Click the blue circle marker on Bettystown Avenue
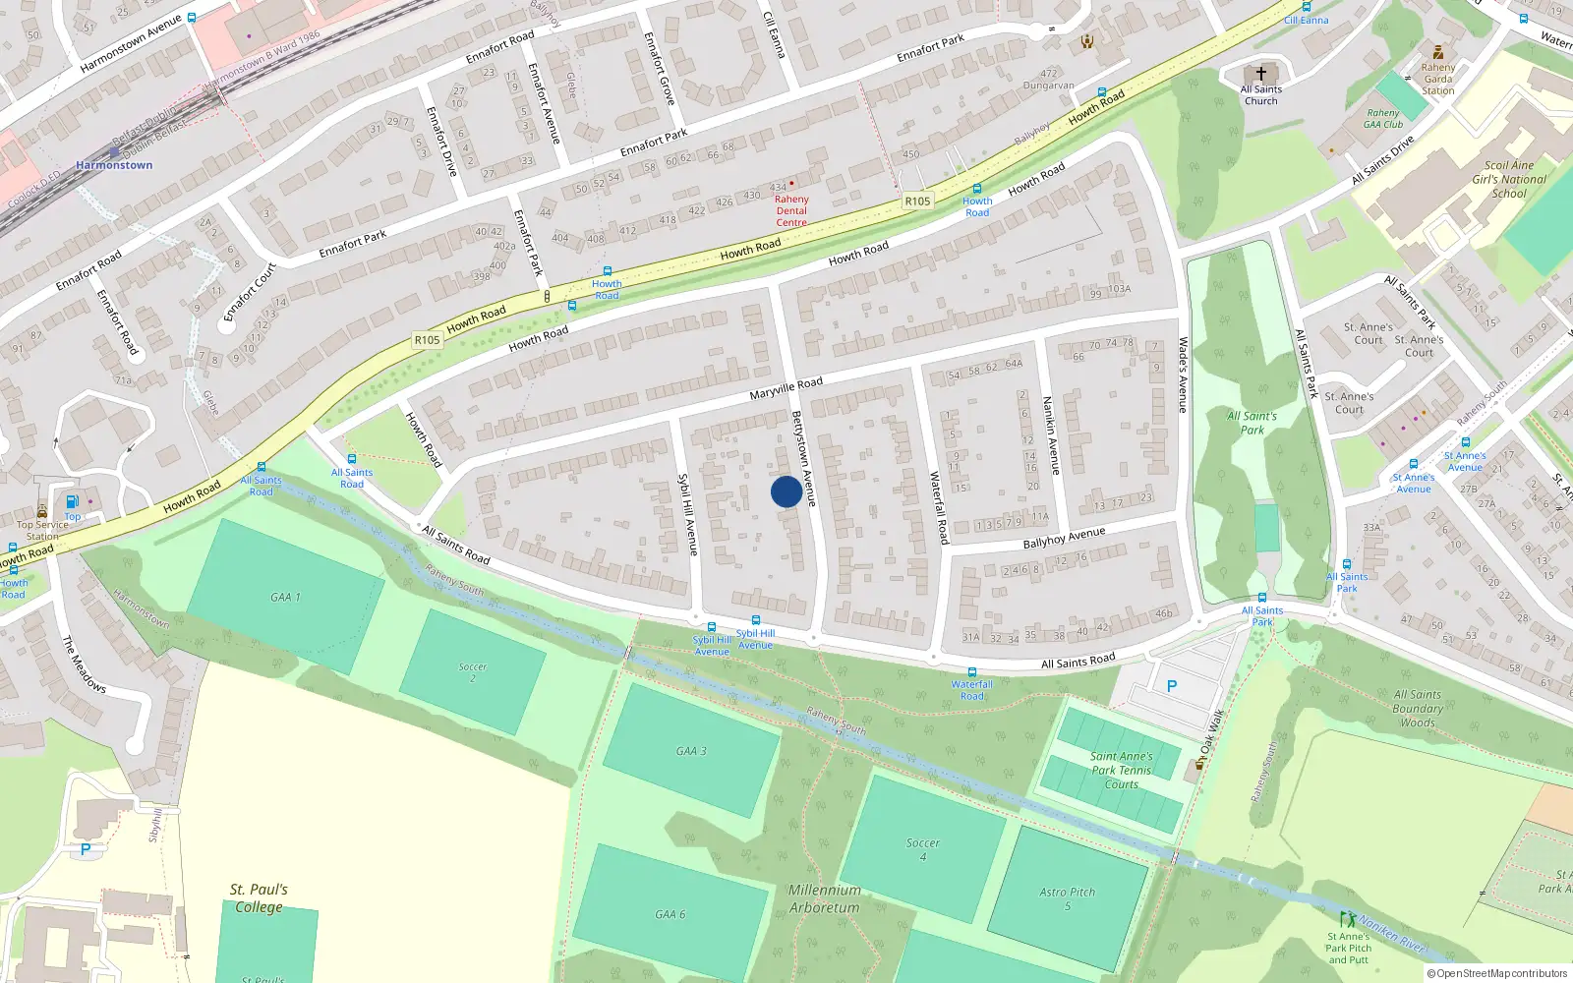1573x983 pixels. (x=786, y=491)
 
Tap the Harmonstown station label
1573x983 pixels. (x=114, y=165)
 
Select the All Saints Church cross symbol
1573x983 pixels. (x=1260, y=74)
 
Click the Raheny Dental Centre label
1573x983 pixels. (x=791, y=210)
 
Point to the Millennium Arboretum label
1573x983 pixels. (x=824, y=898)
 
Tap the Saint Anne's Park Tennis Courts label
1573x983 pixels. (x=1121, y=770)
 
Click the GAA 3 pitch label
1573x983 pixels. (x=691, y=751)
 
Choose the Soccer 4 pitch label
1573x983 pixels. (x=922, y=849)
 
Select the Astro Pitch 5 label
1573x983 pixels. (x=1067, y=898)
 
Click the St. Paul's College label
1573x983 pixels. (x=259, y=898)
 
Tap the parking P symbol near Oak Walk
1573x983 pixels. (x=1171, y=686)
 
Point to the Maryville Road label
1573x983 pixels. (x=786, y=388)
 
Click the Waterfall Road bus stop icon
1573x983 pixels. (x=971, y=672)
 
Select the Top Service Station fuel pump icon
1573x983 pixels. (x=72, y=502)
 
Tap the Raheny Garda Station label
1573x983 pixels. (x=1437, y=79)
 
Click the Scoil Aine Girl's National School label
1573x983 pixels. (x=1509, y=179)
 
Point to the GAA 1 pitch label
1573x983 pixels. (x=285, y=597)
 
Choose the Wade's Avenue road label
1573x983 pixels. (x=1183, y=375)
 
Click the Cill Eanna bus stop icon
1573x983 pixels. (x=1292, y=6)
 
